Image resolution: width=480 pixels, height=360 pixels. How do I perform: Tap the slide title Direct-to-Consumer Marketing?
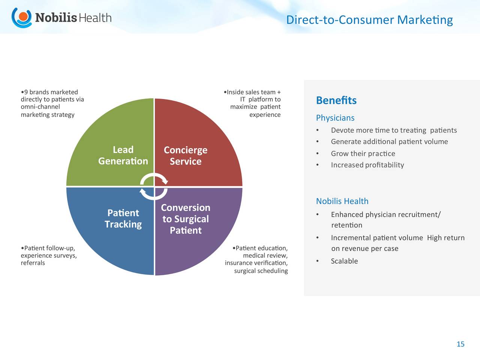click(369, 20)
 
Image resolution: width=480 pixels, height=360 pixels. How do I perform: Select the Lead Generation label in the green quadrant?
click(123, 155)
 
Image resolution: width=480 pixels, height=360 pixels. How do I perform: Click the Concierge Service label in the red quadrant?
click(186, 156)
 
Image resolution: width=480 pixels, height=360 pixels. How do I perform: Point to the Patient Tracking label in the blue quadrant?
click(123, 219)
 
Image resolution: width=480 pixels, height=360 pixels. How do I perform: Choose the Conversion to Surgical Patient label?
click(186, 219)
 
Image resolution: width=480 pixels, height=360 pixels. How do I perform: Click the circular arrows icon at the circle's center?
click(154, 186)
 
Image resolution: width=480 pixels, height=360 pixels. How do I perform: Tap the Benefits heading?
click(336, 100)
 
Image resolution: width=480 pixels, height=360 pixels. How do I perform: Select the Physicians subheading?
click(335, 118)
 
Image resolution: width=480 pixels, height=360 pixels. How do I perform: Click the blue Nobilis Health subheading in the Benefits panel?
click(342, 201)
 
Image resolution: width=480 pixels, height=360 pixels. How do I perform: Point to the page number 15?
click(460, 344)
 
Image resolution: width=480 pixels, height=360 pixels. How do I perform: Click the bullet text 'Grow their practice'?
click(363, 153)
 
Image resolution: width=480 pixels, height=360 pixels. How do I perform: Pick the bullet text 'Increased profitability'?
click(367, 165)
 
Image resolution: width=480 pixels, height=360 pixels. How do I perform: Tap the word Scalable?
click(344, 261)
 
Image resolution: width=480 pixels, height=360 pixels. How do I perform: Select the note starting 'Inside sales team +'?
click(252, 103)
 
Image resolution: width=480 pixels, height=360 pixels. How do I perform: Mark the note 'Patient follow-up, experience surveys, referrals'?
click(49, 255)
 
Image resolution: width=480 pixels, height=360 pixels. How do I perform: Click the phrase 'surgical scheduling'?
click(261, 271)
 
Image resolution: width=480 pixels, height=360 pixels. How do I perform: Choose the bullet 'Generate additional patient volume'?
click(390, 142)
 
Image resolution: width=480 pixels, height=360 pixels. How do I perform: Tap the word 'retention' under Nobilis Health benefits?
click(346, 225)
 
